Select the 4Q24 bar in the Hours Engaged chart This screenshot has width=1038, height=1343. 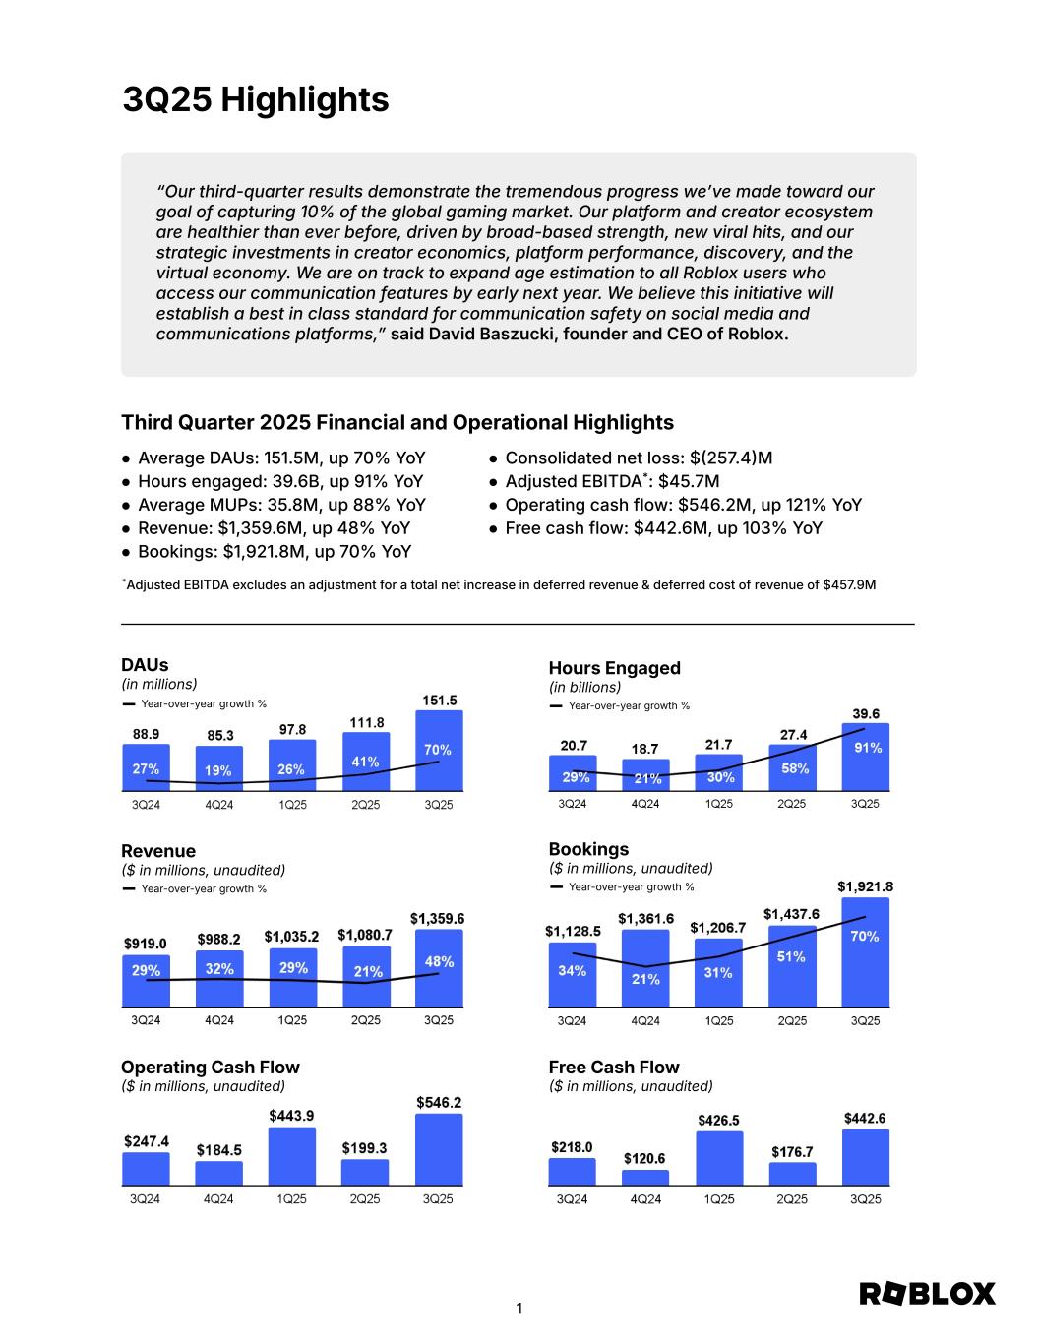(645, 775)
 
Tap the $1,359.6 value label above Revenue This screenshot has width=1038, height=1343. (437, 919)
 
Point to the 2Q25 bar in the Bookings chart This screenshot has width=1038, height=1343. (792, 966)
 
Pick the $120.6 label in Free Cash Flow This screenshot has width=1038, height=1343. (644, 1159)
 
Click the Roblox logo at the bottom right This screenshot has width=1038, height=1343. (928, 1294)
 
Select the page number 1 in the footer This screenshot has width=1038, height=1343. (519, 1309)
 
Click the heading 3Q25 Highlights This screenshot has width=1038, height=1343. (256, 99)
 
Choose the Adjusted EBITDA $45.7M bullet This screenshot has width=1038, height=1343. (611, 481)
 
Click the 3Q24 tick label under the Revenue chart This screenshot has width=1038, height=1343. (146, 1020)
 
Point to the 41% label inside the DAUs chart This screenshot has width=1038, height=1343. (365, 762)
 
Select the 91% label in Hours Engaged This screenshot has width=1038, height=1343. (867, 748)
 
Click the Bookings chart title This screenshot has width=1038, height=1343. (588, 849)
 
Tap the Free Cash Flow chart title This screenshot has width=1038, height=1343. (614, 1068)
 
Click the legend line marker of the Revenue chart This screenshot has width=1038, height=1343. (129, 888)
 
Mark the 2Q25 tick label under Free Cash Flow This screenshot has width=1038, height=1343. (792, 1199)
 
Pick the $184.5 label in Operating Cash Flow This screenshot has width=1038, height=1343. (218, 1149)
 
